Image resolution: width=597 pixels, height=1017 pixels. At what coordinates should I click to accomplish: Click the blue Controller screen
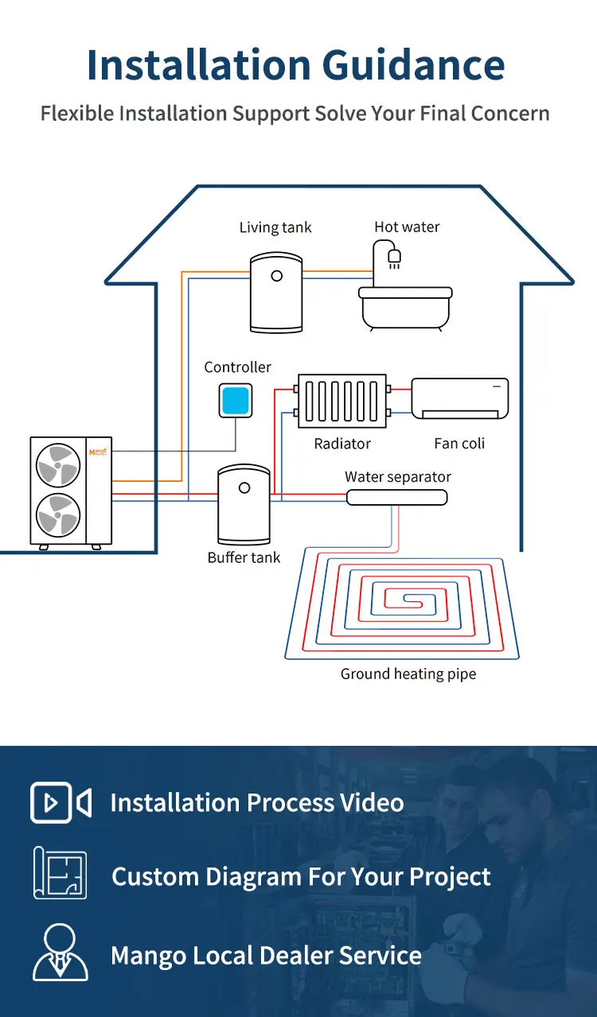[x=236, y=401]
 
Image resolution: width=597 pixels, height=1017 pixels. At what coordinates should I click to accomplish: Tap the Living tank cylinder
[x=276, y=293]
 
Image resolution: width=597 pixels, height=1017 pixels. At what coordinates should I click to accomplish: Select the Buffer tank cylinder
[x=244, y=504]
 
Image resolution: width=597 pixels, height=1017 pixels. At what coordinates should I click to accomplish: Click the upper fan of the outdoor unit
[x=58, y=465]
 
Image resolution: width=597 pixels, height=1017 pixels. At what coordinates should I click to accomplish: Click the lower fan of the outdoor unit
[x=58, y=514]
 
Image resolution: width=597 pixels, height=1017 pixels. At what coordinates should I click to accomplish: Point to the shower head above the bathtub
[x=394, y=258]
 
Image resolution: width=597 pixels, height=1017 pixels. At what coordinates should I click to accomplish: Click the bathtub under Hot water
[x=405, y=308]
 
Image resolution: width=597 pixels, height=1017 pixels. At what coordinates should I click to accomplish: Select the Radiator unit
[x=342, y=401]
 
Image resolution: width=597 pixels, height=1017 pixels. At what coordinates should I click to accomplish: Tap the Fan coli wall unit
[x=460, y=398]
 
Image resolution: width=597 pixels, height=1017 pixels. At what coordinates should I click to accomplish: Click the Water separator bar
[x=397, y=497]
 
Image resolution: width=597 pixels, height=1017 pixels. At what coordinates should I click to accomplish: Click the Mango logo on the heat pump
[x=98, y=452]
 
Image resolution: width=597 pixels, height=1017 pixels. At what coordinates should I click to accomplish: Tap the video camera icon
[x=60, y=802]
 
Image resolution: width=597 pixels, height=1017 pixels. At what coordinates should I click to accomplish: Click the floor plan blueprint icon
[x=60, y=872]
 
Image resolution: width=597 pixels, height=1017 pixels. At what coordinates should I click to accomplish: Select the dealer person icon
[x=60, y=952]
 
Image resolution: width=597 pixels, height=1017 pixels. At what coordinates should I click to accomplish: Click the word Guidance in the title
[x=413, y=65]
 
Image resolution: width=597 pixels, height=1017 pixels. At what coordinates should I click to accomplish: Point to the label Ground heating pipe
[x=408, y=673]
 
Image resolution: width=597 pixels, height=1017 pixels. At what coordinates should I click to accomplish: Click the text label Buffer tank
[x=244, y=557]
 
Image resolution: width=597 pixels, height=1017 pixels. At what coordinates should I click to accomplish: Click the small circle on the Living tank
[x=277, y=276]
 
